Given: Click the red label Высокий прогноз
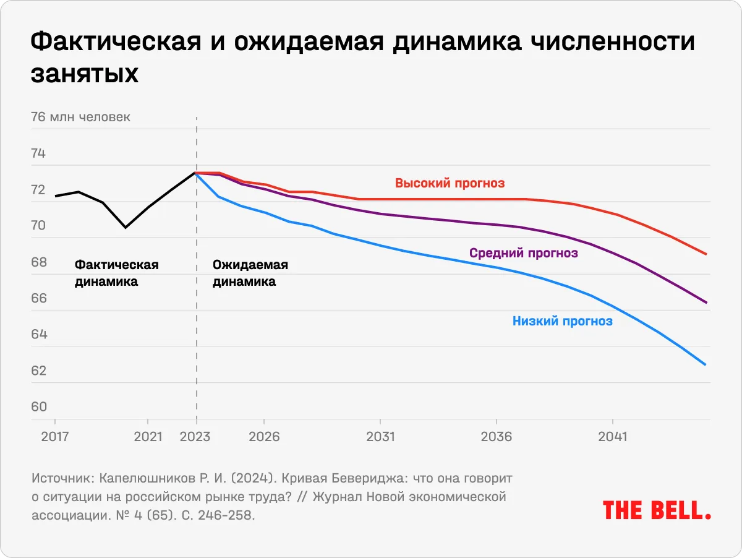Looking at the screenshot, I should [x=450, y=183].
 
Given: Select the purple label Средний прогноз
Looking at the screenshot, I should [x=523, y=253].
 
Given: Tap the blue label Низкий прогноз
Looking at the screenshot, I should [x=562, y=321].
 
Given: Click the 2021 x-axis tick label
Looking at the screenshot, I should [x=148, y=437].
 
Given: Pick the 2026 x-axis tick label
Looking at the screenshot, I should [x=265, y=437].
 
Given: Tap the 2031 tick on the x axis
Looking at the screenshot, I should [x=380, y=437].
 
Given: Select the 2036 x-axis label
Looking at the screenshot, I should [x=497, y=437].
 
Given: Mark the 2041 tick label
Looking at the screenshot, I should [x=612, y=437].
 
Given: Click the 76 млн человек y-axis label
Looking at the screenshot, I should [x=80, y=117].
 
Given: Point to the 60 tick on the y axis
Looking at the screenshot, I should [x=38, y=407].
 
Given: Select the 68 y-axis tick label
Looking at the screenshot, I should [x=38, y=262].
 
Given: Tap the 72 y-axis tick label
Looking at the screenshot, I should [x=38, y=190].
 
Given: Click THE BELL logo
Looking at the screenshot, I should [x=656, y=510].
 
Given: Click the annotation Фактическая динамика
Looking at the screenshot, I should [x=116, y=273].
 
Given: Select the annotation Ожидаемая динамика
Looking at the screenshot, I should [x=250, y=273].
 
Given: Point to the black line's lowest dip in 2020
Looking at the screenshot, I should [x=126, y=228].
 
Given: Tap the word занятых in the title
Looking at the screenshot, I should [x=84, y=74].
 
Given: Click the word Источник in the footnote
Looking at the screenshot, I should [x=61, y=479].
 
